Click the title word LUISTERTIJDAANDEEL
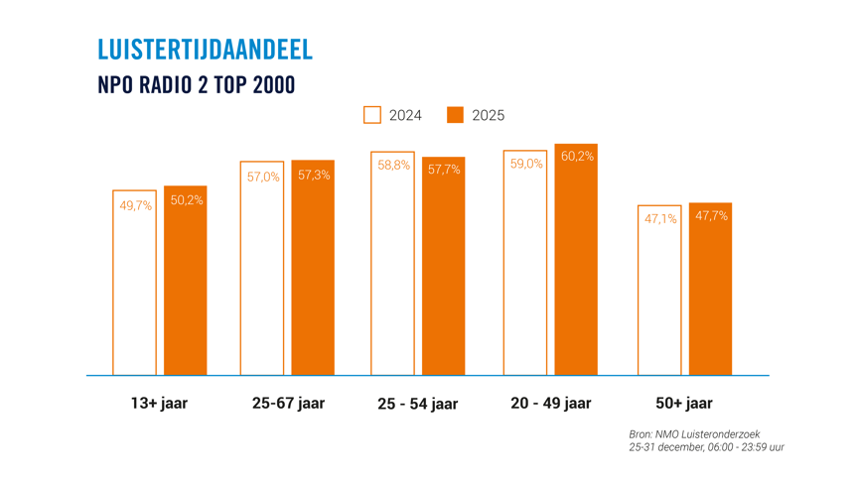point(205,50)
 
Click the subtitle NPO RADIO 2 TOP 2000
point(197,85)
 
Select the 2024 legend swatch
point(372,115)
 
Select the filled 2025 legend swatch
point(455,115)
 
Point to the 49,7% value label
point(135,206)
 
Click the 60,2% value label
point(577,157)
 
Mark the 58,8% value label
point(393,166)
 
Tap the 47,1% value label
point(660,219)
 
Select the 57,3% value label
point(314,176)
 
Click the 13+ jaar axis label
point(159,404)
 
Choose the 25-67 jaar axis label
point(288,404)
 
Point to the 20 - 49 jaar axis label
point(550,404)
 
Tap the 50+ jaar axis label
point(683,404)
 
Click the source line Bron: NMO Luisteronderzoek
point(694,434)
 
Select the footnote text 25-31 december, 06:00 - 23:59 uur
point(706,447)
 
